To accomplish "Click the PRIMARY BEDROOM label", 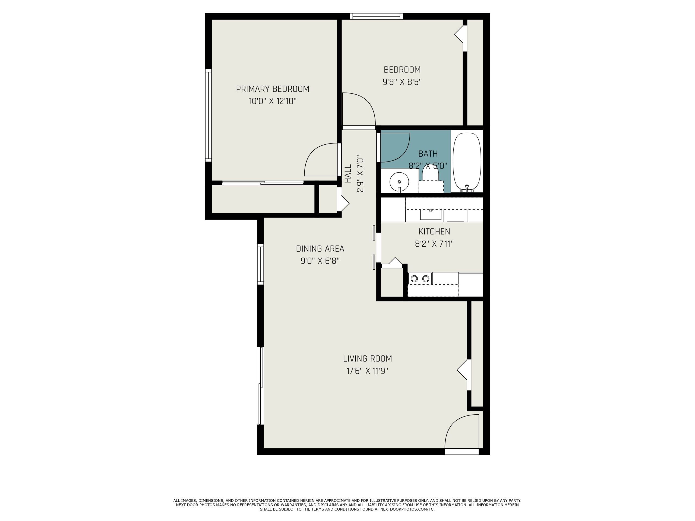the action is (272, 89).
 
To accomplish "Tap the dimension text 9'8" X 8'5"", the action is (402, 82).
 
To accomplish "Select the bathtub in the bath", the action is (467, 162).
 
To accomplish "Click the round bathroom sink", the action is (399, 182).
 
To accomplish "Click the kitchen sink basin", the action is (431, 214).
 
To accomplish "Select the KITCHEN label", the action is (434, 232).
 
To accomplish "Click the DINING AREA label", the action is (320, 249).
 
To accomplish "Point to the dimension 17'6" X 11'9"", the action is (367, 371).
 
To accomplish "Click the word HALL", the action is (348, 174).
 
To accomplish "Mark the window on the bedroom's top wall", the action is (376, 16).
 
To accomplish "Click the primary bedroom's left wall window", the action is (208, 116).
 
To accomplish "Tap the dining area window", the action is (260, 264).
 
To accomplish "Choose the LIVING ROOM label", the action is (367, 359).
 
